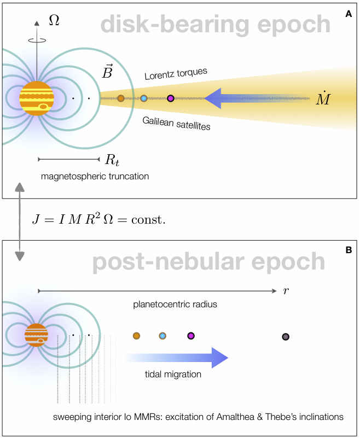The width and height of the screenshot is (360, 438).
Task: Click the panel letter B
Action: (349, 250)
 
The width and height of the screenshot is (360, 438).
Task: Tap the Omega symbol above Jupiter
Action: (54, 20)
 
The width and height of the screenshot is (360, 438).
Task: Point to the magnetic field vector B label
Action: (108, 72)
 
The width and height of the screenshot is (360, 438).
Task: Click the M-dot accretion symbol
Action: (323, 98)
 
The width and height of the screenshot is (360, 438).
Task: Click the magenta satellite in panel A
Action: (170, 98)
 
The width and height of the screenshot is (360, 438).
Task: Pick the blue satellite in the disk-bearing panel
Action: (144, 98)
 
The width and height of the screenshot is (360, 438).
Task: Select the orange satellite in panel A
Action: (121, 98)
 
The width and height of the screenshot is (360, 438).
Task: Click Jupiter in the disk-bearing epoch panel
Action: (37, 99)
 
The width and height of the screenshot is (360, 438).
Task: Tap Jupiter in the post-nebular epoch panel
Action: (37, 335)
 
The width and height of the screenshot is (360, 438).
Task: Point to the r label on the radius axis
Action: (286, 291)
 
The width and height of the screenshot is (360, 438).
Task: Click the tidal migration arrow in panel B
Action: (175, 358)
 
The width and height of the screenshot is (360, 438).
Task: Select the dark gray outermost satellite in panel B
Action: (285, 336)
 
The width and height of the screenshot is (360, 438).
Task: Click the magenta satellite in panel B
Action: (191, 336)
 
